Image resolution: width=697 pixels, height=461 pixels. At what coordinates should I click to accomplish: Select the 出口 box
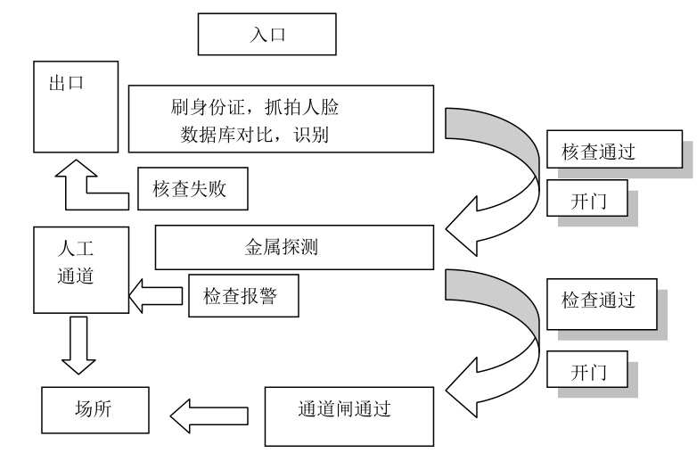76,107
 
